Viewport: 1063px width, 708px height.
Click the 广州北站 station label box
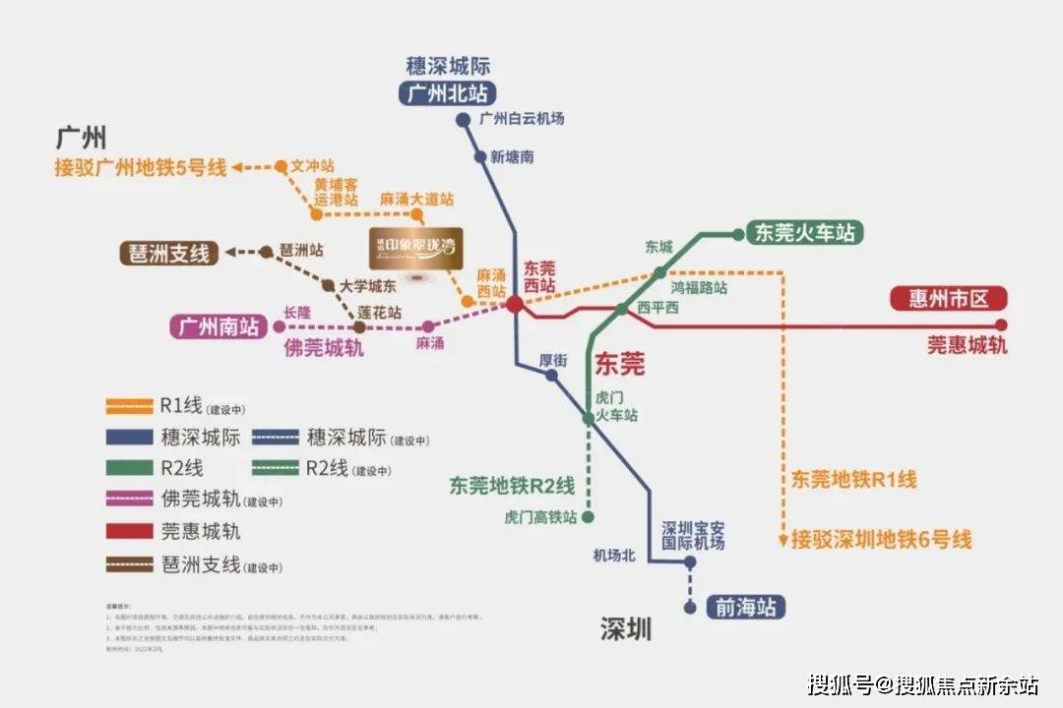coord(448,93)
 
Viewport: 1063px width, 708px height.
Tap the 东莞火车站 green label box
coord(805,233)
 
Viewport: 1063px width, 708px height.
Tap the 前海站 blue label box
coord(746,607)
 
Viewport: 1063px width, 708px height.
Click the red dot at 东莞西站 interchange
coord(515,305)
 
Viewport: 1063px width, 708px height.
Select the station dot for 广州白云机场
coord(463,121)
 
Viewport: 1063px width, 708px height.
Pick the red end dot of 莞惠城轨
coord(1002,324)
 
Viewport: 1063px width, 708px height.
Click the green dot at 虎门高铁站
coord(589,516)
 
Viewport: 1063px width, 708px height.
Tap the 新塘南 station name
coord(512,157)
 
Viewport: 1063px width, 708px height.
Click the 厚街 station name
coord(553,360)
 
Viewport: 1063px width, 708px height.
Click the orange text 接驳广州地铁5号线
coord(141,168)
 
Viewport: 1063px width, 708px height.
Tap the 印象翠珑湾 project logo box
coord(413,249)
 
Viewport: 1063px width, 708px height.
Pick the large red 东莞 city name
coord(620,365)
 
